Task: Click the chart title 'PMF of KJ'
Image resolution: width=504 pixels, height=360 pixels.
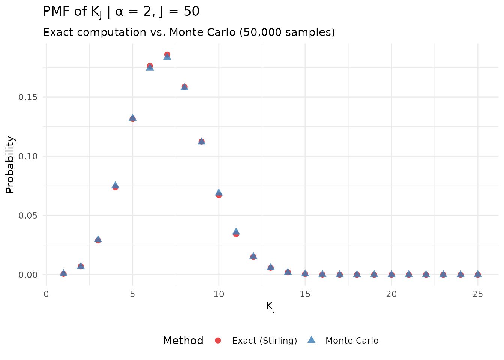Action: tap(121, 12)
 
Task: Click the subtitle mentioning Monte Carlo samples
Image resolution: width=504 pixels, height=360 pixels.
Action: tap(189, 33)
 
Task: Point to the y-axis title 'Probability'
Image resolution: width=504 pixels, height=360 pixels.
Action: tap(10, 165)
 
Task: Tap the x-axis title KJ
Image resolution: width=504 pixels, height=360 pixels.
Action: tap(270, 306)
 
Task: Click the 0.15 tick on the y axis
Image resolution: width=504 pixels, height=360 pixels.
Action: tap(28, 97)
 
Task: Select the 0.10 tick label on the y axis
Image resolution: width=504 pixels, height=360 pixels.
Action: tap(28, 156)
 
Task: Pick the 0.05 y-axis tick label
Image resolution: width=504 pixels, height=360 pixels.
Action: tap(28, 216)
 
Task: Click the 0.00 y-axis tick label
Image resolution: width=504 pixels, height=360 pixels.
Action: tap(28, 275)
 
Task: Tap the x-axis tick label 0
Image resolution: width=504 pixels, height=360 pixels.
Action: tap(46, 294)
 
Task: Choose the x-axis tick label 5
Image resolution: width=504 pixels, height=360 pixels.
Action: tap(132, 294)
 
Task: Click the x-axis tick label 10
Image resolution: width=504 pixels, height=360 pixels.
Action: tap(219, 294)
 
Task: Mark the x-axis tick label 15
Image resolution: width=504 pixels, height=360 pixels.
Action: tap(305, 294)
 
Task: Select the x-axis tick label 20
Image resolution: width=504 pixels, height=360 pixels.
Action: tap(391, 294)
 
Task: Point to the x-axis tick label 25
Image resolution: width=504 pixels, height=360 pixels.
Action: tap(478, 294)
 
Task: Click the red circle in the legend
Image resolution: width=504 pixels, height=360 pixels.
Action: tap(218, 340)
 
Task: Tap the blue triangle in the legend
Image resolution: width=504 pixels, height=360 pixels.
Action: tap(311, 340)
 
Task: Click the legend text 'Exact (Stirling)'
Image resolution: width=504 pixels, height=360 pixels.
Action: tap(264, 340)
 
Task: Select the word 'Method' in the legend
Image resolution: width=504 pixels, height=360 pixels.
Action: tap(183, 340)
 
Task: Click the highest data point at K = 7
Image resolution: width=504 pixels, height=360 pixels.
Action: tap(167, 55)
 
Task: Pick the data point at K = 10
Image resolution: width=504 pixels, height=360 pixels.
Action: tap(219, 194)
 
